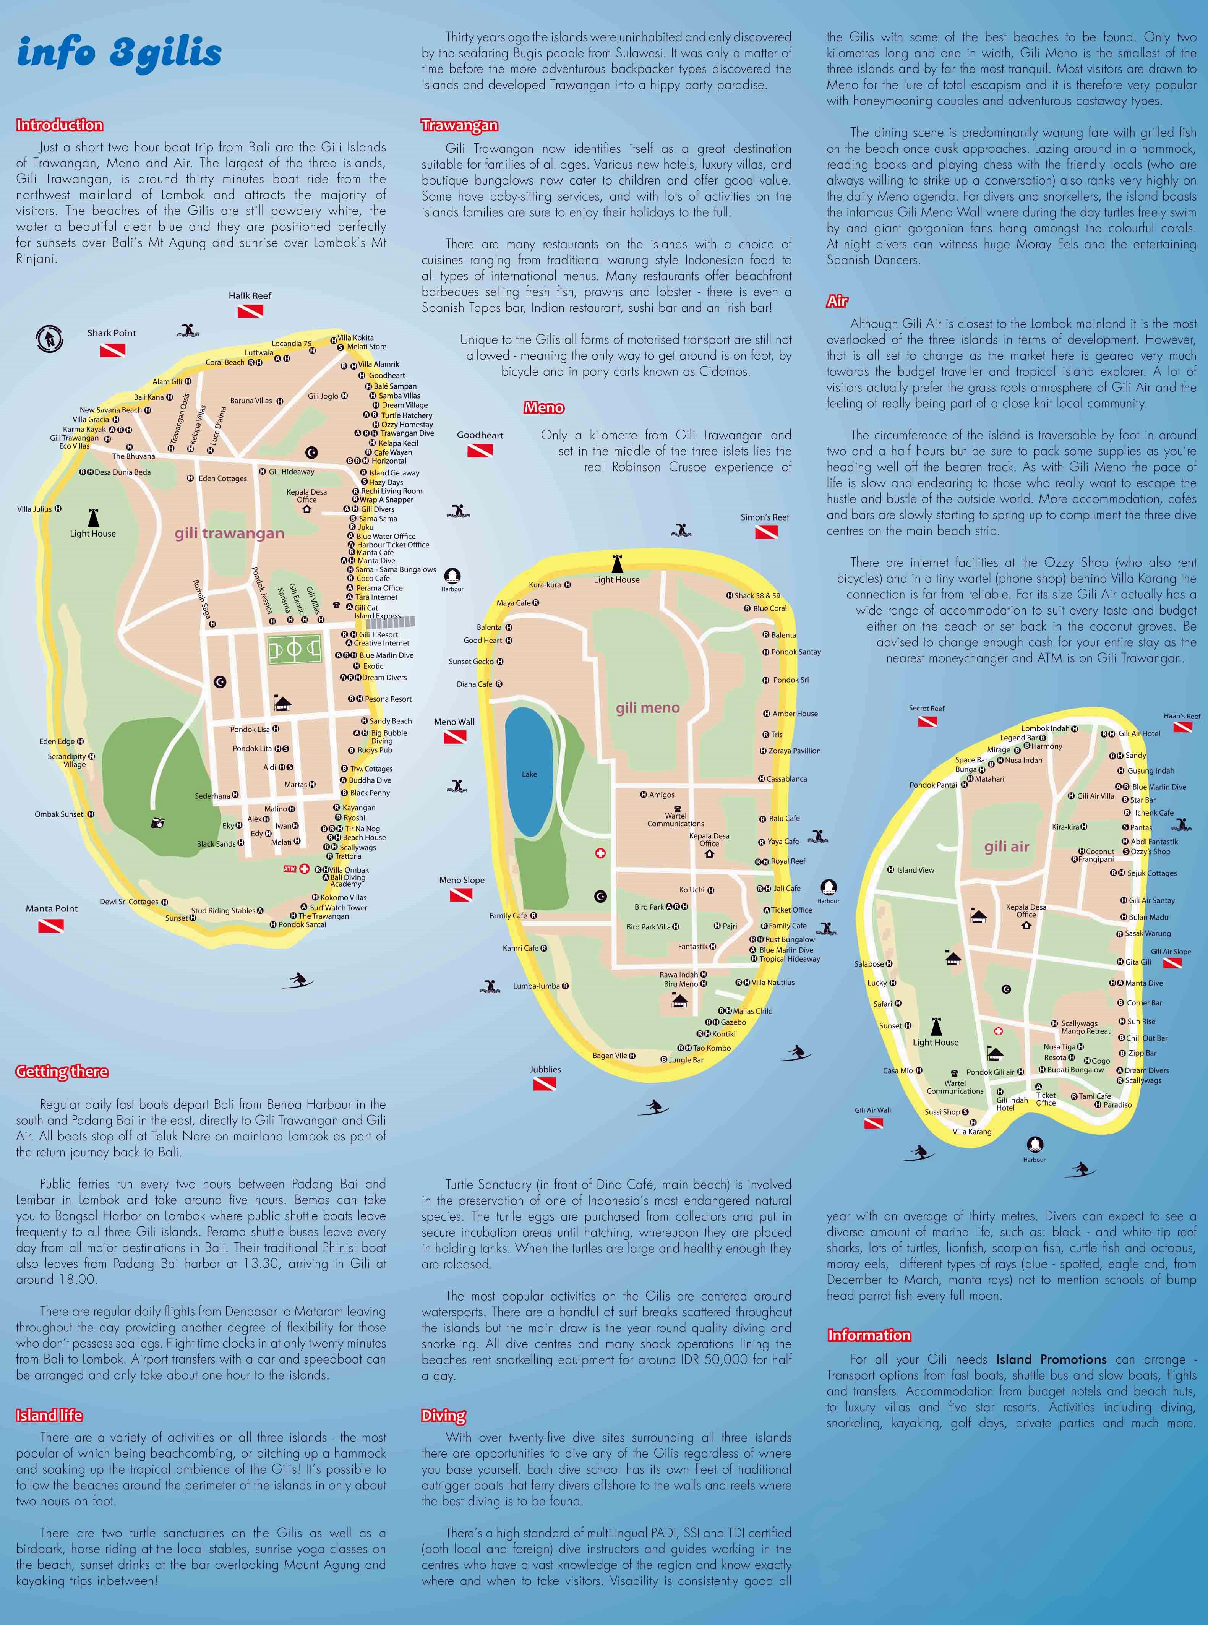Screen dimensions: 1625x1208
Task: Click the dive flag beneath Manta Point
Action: [51, 925]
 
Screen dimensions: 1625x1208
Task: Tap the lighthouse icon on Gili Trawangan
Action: [93, 517]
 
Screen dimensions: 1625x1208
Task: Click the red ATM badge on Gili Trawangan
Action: [290, 869]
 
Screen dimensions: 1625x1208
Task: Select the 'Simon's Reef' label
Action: [764, 517]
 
